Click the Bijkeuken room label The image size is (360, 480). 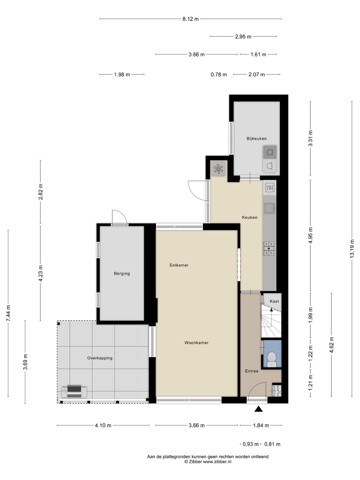pos(256,139)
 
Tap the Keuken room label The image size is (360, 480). pos(249,217)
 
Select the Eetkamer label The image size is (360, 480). pos(179,265)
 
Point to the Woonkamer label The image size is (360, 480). pos(196,343)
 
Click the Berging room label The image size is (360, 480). pos(122,274)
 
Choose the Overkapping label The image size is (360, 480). pos(100,358)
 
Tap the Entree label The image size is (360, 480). pos(252,371)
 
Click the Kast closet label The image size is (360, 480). pos(274,301)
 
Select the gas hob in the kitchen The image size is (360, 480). pos(269,248)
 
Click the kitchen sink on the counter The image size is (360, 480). pos(269,209)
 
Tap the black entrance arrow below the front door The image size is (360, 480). pos(258,409)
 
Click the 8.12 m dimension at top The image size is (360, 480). pos(190,19)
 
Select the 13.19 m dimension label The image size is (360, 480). pos(352,248)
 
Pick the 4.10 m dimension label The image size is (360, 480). pos(103,425)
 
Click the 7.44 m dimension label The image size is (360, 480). pos(8,313)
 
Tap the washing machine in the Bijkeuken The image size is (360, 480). pos(270,152)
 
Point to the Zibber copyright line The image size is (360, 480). pos(208,462)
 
